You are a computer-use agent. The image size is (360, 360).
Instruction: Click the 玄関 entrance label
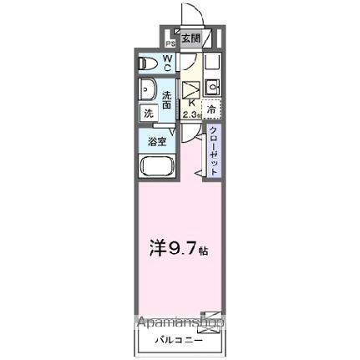tap(190, 38)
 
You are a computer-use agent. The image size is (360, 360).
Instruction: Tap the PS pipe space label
tap(170, 43)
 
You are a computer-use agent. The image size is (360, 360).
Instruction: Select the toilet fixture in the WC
tap(150, 63)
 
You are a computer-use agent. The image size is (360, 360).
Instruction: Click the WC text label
tap(167, 63)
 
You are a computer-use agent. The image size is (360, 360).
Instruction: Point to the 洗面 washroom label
tap(167, 99)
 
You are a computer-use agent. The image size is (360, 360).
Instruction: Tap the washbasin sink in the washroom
tap(148, 89)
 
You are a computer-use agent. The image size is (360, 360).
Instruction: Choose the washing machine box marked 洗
tap(148, 112)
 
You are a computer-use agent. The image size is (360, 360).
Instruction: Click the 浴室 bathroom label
tap(157, 141)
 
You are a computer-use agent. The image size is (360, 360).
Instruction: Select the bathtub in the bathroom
tap(156, 164)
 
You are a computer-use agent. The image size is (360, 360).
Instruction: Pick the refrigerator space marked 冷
tap(212, 109)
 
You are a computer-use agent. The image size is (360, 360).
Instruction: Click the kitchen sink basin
tap(211, 85)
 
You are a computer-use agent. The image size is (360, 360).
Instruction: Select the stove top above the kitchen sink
tap(211, 63)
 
